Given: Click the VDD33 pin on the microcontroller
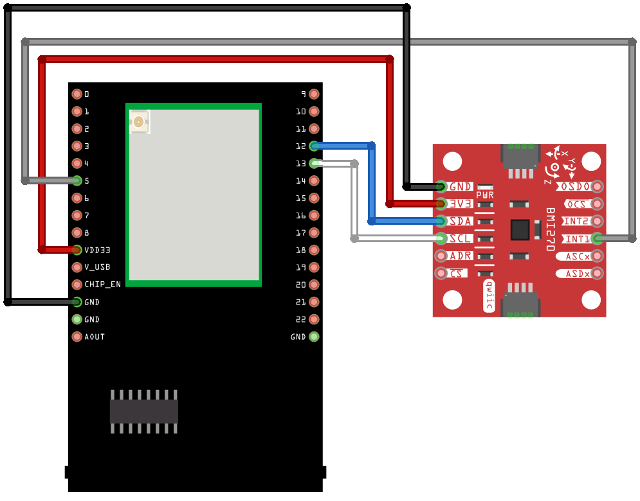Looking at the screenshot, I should pos(77,250).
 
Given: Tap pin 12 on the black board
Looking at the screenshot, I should pos(314,146).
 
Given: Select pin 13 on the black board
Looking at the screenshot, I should pos(314,163).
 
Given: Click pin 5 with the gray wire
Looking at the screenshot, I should pos(77,180).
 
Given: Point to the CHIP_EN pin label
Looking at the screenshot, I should pos(102,285).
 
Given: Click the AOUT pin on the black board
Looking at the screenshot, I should pos(77,337).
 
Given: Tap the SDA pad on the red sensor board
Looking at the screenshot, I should pos(441,221).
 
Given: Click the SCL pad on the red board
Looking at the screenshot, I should pos(441,238).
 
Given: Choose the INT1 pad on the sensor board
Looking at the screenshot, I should pos(598,239).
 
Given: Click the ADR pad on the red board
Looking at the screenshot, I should pos(441,256).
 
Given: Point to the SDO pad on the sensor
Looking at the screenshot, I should pos(598,186).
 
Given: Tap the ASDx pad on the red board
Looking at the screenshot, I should pos(598,274).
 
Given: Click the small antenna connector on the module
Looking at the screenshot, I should pos(139,121).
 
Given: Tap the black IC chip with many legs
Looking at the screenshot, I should pos(143,411).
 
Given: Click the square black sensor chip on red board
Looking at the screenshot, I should pos(519,230).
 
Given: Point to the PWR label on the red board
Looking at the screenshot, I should pos(485,195).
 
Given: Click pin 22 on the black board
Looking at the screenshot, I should pos(314,319).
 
